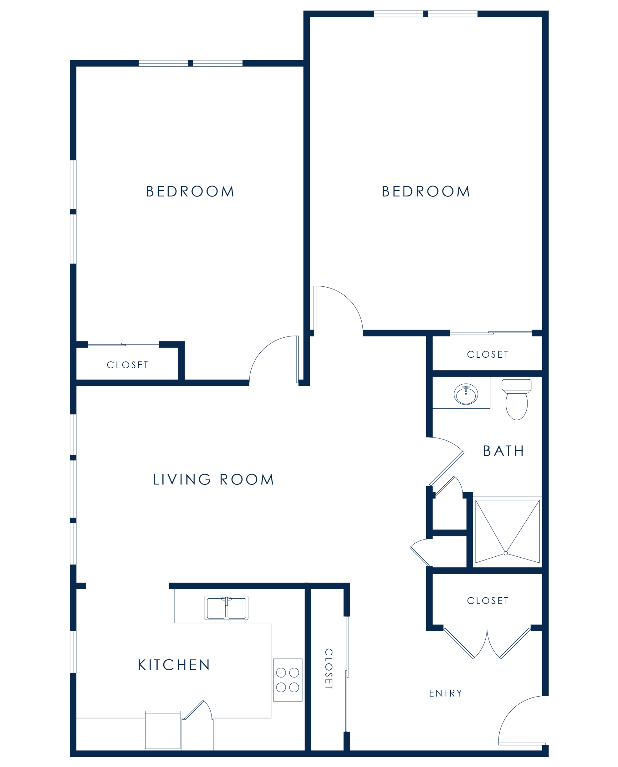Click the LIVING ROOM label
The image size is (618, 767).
pos(213,479)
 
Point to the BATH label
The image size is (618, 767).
pos(503,451)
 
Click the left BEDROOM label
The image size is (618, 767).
pos(190,191)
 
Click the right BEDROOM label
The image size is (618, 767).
pos(426,191)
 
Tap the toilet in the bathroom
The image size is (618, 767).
pos(516,399)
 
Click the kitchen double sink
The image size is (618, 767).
pos(226,608)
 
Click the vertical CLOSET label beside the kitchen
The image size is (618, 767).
pos(329,669)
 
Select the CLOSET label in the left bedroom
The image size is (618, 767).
pos(127,365)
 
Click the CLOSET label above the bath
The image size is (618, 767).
pos(488,355)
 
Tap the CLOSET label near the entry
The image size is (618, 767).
pos(488,601)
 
